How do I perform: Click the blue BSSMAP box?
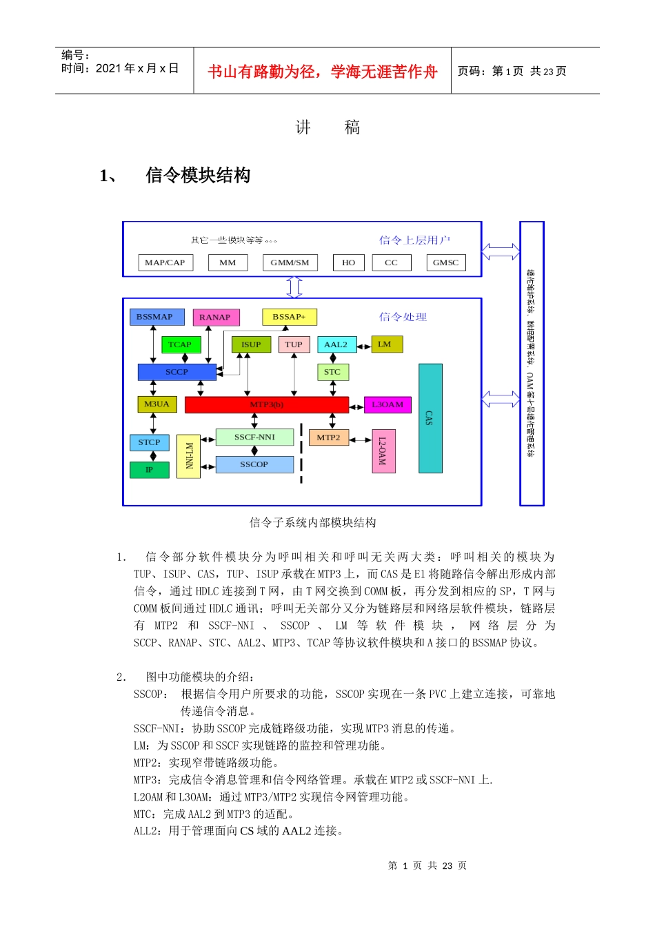pyautogui.click(x=157, y=317)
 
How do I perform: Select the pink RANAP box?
pyautogui.click(x=216, y=317)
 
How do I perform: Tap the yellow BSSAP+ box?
pyautogui.click(x=289, y=317)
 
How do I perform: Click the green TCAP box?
pyautogui.click(x=180, y=344)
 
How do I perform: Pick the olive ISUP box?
pyautogui.click(x=251, y=344)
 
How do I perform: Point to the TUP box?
pyautogui.click(x=294, y=344)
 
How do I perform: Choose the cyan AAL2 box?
pyautogui.click(x=336, y=344)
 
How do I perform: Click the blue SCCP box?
pyautogui.click(x=177, y=372)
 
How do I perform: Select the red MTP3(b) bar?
pyautogui.click(x=266, y=404)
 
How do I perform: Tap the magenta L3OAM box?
pyautogui.click(x=387, y=404)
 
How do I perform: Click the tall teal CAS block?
pyautogui.click(x=430, y=418)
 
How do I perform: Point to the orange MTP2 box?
pyautogui.click(x=328, y=438)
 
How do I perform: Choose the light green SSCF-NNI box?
pyautogui.click(x=254, y=437)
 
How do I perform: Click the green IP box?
pyautogui.click(x=149, y=470)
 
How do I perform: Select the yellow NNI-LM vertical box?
pyautogui.click(x=189, y=456)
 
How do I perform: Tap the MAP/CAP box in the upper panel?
pyautogui.click(x=165, y=263)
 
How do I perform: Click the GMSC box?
pyautogui.click(x=445, y=263)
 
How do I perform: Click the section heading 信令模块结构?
pyautogui.click(x=198, y=176)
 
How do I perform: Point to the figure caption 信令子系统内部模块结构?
pyautogui.click(x=313, y=523)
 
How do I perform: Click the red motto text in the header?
pyautogui.click(x=323, y=72)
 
